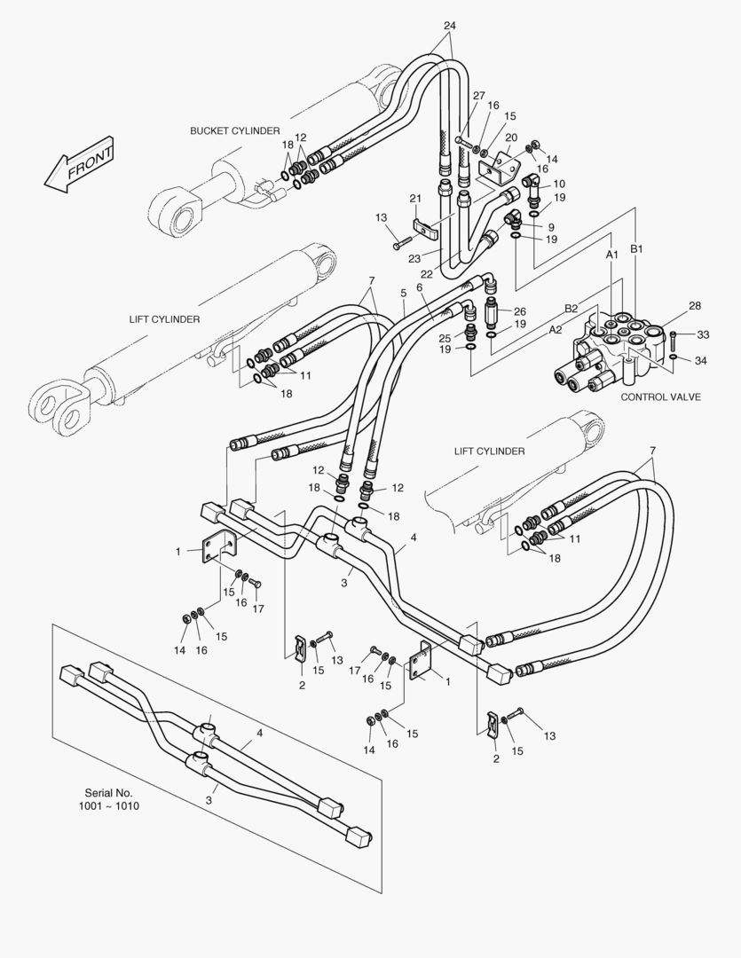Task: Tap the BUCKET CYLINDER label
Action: coord(234,130)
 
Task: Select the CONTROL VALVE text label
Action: coord(660,397)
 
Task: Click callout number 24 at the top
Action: coord(450,25)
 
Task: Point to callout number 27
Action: coord(478,96)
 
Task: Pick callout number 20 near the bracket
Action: coord(511,137)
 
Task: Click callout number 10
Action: coord(559,184)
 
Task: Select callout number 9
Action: coord(551,227)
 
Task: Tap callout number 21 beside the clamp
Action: coord(414,197)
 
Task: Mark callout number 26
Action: coord(520,311)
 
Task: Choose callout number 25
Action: coord(445,338)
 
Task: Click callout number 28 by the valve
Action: coord(695,305)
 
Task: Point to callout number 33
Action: coord(703,334)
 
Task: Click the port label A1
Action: coord(611,255)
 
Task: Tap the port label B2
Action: coord(572,308)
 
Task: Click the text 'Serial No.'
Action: coord(108,792)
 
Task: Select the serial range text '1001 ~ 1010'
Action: coord(110,806)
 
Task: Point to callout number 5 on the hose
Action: coord(403,292)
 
